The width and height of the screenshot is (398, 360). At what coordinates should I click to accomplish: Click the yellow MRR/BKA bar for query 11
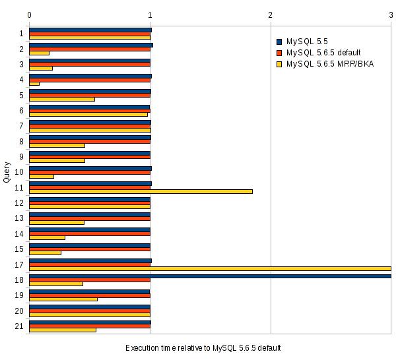pyautogui.click(x=141, y=191)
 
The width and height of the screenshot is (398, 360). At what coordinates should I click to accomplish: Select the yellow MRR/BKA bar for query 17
pyautogui.click(x=210, y=268)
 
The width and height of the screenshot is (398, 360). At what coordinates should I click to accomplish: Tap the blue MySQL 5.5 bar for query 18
pyautogui.click(x=210, y=276)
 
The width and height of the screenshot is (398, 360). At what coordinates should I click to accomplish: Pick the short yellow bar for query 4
pyautogui.click(x=34, y=84)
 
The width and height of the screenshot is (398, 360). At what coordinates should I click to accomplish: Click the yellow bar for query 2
pyautogui.click(x=39, y=53)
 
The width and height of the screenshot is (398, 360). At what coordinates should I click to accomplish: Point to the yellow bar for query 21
pyautogui.click(x=63, y=330)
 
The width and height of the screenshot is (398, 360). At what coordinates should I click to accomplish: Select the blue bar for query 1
pyautogui.click(x=90, y=30)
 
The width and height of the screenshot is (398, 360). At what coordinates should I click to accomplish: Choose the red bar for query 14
pyautogui.click(x=89, y=233)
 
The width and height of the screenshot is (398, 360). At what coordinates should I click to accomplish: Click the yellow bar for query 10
pyautogui.click(x=42, y=176)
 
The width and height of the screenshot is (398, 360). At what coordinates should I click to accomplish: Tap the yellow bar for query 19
pyautogui.click(x=63, y=299)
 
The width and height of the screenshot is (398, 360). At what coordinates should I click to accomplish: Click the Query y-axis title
pyautogui.click(x=7, y=171)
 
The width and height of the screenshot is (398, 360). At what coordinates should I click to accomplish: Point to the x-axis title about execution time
pyautogui.click(x=203, y=348)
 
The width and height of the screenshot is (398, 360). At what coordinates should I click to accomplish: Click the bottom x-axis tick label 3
pyautogui.click(x=391, y=337)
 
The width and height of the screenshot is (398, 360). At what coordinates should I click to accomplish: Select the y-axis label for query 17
pyautogui.click(x=20, y=265)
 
